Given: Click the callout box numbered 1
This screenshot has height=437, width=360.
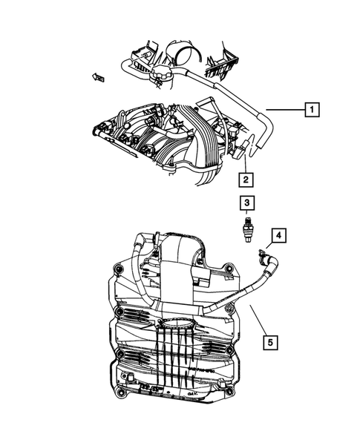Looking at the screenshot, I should [x=312, y=110].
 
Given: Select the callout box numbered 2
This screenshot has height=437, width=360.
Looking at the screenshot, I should [x=244, y=178].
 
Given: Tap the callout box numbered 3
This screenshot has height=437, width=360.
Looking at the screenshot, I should [x=244, y=202].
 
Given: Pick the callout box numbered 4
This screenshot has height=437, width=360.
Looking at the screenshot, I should [x=278, y=236].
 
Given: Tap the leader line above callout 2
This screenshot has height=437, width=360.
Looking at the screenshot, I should [x=244, y=163].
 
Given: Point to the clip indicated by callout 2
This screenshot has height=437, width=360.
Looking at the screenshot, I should [x=240, y=152].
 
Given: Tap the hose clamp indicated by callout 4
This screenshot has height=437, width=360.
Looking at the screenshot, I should [x=262, y=258].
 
